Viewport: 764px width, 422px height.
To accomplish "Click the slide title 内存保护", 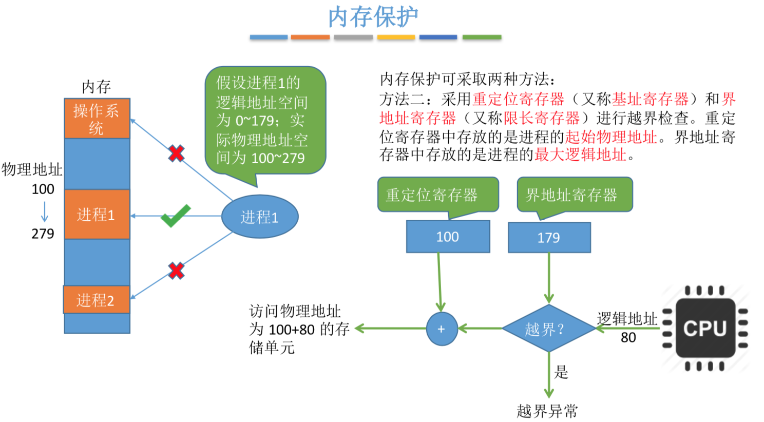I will click(373, 17).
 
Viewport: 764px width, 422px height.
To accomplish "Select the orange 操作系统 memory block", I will click(97, 119).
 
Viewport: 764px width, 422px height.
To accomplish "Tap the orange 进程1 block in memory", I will click(97, 214).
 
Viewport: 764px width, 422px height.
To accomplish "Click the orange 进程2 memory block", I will click(96, 300).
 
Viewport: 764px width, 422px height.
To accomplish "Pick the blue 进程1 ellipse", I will click(260, 217).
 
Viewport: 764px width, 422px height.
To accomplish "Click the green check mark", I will click(175, 216).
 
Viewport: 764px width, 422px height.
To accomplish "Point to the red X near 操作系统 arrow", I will click(176, 153).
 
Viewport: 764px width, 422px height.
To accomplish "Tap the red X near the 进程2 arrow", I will click(176, 271).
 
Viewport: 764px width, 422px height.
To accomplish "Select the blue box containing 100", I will click(448, 237).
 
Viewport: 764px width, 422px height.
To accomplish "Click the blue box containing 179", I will click(549, 238).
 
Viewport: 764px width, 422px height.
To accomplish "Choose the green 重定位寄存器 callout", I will click(437, 195).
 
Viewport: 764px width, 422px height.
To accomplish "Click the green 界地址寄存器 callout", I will click(574, 195).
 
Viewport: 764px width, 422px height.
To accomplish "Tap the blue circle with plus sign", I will click(442, 329).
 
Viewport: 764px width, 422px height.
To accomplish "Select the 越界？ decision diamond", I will click(548, 329).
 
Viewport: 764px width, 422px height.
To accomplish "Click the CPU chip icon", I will click(705, 328).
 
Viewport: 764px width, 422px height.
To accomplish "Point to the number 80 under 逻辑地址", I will click(628, 337).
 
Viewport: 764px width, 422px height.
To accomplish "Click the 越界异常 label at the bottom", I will click(547, 411).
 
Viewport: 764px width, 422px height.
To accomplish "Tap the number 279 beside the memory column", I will click(43, 234).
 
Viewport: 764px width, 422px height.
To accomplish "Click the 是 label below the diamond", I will click(561, 372).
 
